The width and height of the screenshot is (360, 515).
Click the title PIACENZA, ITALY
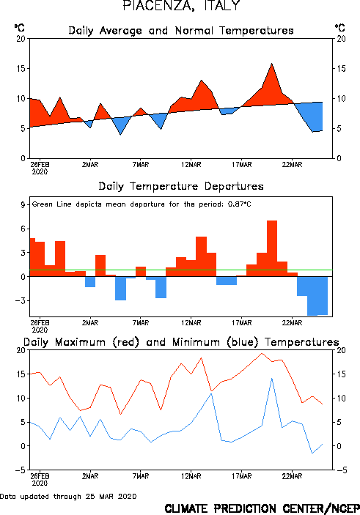[181, 6]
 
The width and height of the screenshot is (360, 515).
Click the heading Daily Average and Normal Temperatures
[181, 31]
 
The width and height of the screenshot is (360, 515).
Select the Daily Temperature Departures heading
[181, 186]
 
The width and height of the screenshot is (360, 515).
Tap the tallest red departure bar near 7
[272, 248]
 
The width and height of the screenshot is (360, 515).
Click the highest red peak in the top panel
[272, 64]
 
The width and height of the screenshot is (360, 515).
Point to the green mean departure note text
[142, 204]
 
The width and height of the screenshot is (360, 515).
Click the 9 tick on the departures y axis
[23, 205]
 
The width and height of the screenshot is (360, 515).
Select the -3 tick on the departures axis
[21, 300]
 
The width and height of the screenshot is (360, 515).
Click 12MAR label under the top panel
[191, 164]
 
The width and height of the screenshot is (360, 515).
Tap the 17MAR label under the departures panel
[242, 322]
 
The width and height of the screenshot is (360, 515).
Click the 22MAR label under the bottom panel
[292, 476]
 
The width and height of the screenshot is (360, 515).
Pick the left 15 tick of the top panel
[21, 68]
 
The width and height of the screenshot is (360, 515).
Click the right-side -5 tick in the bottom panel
[342, 470]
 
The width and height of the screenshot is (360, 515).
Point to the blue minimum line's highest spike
[272, 378]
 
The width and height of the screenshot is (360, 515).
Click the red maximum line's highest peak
[262, 353]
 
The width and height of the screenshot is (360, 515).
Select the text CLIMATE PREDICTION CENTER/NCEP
[262, 508]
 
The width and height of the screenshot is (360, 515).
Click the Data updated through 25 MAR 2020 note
[68, 496]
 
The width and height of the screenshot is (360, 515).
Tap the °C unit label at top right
[340, 27]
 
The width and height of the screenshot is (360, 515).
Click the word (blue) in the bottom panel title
[242, 342]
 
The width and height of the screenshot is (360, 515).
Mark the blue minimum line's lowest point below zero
[312, 453]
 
